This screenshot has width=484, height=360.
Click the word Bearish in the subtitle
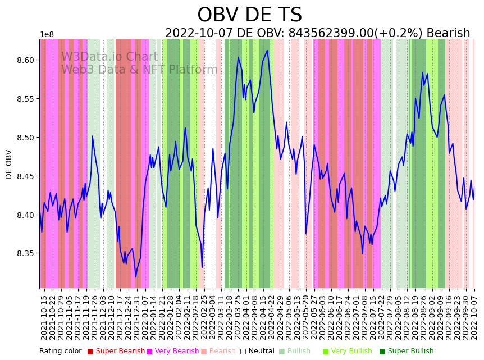448,34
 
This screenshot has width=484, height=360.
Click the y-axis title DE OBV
9,164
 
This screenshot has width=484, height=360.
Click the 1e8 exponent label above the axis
47,35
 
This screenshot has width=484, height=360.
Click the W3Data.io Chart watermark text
109,57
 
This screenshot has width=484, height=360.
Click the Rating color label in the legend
60,351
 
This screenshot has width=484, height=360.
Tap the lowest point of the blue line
135,277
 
